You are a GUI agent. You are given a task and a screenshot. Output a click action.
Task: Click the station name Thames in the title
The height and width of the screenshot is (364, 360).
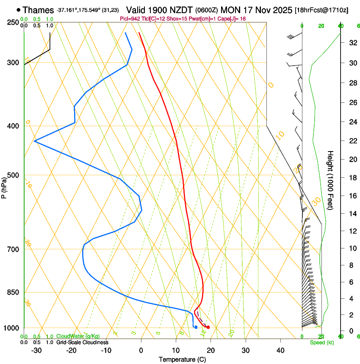38,10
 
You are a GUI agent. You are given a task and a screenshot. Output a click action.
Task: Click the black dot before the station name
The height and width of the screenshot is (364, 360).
18,10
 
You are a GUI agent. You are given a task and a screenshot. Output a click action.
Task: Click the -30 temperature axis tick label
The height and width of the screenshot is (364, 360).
36,350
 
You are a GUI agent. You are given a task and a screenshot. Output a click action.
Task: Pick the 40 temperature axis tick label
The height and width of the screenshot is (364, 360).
280,350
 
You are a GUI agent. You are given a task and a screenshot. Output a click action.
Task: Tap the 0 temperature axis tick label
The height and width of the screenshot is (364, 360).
141,350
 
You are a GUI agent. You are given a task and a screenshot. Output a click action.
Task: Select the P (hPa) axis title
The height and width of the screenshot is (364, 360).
4,186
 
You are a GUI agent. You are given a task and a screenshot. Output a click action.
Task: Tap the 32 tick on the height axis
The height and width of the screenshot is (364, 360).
340,43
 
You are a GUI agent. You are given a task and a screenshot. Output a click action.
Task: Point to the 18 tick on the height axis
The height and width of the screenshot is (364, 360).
340,178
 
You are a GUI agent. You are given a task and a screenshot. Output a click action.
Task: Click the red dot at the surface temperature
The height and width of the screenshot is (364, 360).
208,327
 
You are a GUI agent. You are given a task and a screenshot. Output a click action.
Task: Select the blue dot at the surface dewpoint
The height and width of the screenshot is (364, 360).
196,327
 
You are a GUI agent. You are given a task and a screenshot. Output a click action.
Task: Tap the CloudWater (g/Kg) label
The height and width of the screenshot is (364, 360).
78,336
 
